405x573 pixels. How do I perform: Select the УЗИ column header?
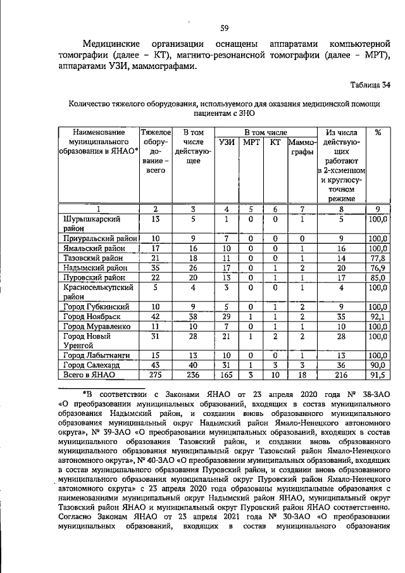click(225, 143)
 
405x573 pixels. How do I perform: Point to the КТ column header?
click(274, 143)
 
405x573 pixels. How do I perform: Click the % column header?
click(378, 132)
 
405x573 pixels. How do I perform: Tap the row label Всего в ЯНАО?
click(90, 375)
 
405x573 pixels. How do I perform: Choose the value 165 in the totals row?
click(225, 375)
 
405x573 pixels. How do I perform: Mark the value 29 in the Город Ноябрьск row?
click(225, 316)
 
